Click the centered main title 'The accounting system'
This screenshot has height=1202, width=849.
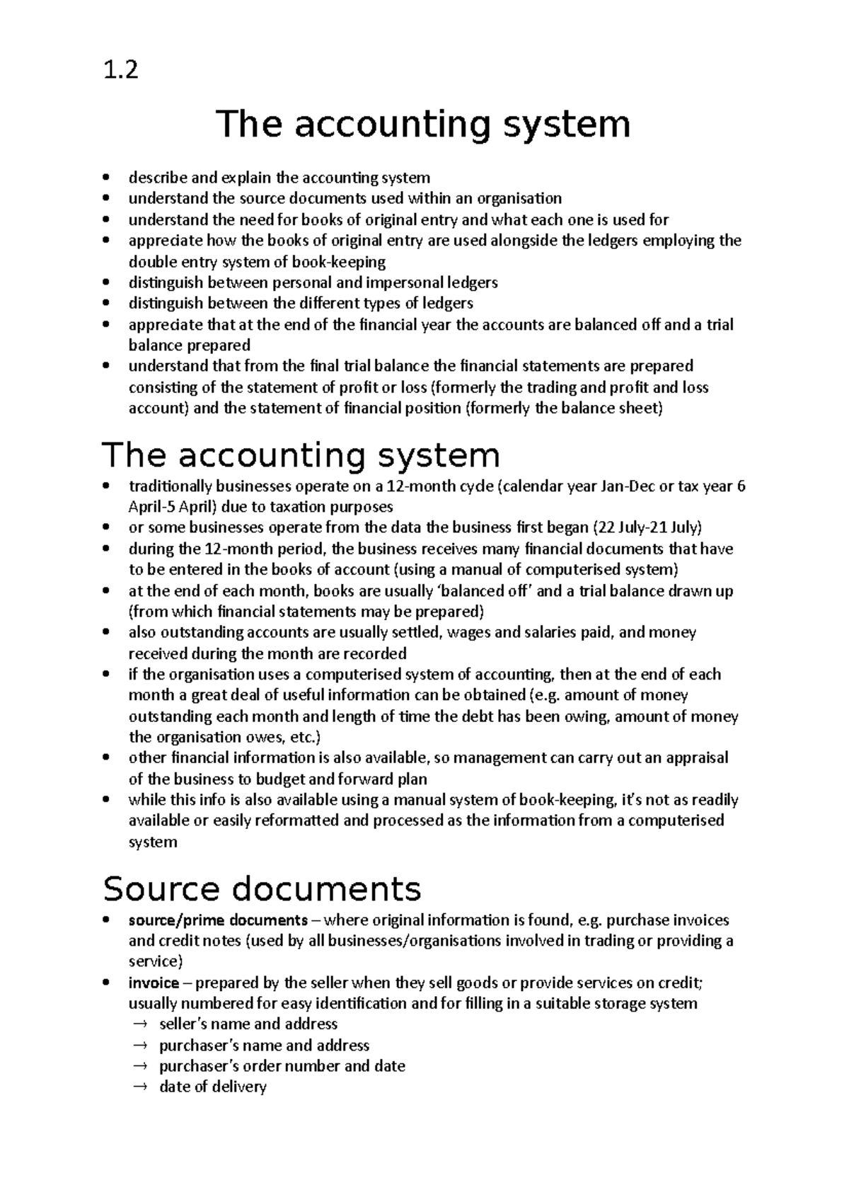pos(422,125)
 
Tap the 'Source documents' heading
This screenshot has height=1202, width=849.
pos(262,888)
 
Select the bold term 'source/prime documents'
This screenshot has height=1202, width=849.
pos(218,920)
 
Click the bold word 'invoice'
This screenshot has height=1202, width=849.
pos(154,983)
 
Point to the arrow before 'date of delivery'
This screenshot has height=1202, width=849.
pos(140,1087)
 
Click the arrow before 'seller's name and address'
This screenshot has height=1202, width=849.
pos(140,1024)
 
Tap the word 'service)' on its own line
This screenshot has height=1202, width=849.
pos(155,961)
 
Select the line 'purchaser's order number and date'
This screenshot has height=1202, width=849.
pos(282,1066)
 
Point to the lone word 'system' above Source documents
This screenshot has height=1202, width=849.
pos(152,842)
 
